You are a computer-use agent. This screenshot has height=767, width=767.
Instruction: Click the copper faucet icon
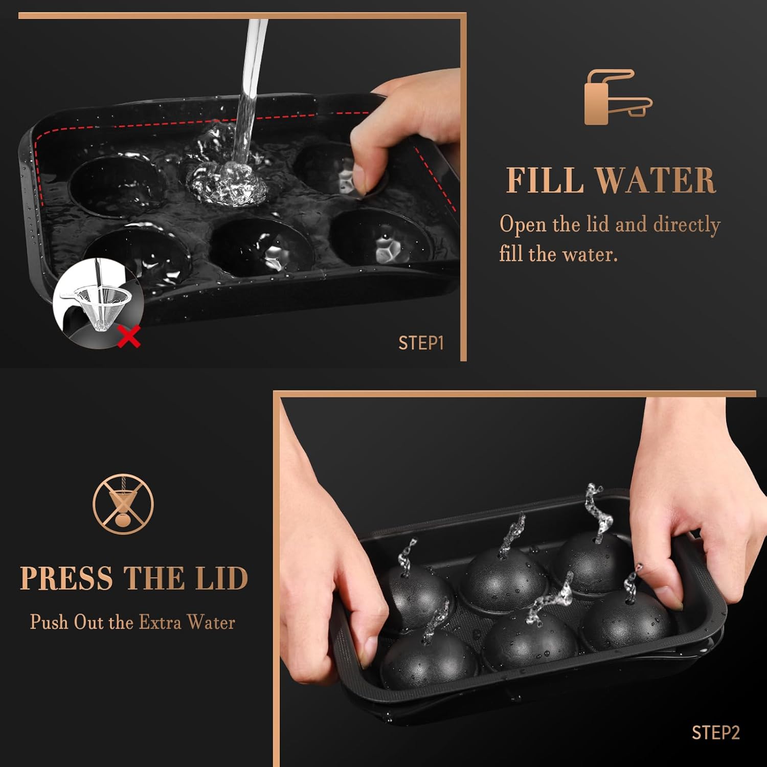tap(618, 97)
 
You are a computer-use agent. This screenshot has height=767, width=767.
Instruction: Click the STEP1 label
tap(421, 343)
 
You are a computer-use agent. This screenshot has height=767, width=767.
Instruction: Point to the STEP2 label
tap(715, 733)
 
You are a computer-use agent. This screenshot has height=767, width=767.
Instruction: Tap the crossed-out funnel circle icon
tap(123, 504)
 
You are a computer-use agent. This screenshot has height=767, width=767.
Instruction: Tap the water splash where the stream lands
tap(227, 179)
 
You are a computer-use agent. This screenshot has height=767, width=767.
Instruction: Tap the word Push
tap(49, 622)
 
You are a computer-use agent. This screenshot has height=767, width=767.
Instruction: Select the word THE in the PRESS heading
tap(154, 578)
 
